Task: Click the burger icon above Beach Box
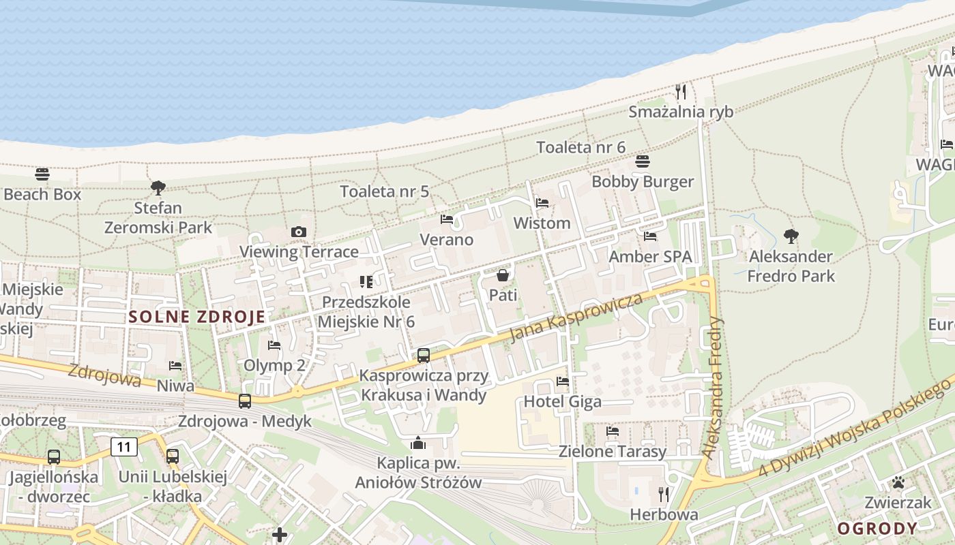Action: pyautogui.click(x=42, y=174)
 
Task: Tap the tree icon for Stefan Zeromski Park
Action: pyautogui.click(x=158, y=187)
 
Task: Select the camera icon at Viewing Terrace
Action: pyautogui.click(x=298, y=232)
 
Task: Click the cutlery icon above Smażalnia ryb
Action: pyautogui.click(x=680, y=91)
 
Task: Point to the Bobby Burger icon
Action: pyautogui.click(x=642, y=161)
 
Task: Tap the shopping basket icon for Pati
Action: pyautogui.click(x=503, y=275)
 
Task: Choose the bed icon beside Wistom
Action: pyautogui.click(x=542, y=203)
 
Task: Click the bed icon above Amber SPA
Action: pyautogui.click(x=650, y=236)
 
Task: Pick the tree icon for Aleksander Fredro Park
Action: pyautogui.click(x=791, y=236)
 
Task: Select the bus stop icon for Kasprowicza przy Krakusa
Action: pyautogui.click(x=424, y=355)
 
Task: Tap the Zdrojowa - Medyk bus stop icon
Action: pyautogui.click(x=245, y=401)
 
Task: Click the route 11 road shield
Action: pyautogui.click(x=123, y=448)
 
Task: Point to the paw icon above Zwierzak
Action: pyautogui.click(x=898, y=483)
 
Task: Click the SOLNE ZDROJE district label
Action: pyautogui.click(x=196, y=317)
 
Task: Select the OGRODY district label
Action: pyautogui.click(x=877, y=529)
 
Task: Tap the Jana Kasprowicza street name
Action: pyautogui.click(x=576, y=318)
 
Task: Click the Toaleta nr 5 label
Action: pyautogui.click(x=385, y=191)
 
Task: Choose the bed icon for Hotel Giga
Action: pyautogui.click(x=563, y=381)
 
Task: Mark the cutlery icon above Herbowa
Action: pyautogui.click(x=663, y=494)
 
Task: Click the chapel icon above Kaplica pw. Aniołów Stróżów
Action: pyautogui.click(x=418, y=443)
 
